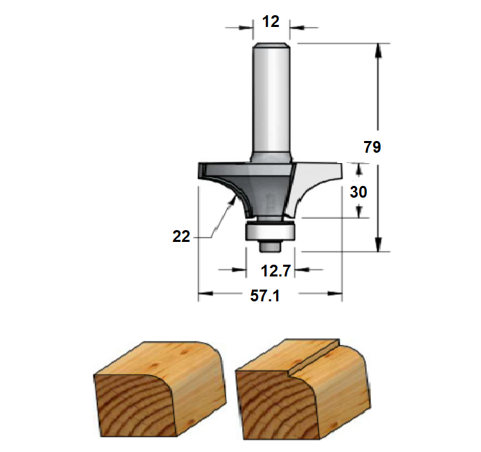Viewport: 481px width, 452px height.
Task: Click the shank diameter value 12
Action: [271, 21]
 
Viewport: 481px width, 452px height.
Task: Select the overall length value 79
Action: [372, 147]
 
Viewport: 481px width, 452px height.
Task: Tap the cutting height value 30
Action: [359, 192]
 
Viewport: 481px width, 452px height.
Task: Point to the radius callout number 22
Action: [181, 236]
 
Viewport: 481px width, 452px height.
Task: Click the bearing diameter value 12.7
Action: [275, 271]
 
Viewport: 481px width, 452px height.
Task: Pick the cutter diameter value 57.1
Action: [265, 296]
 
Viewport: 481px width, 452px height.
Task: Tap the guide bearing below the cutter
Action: [270, 232]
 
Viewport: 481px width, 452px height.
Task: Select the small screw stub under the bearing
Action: [270, 246]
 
